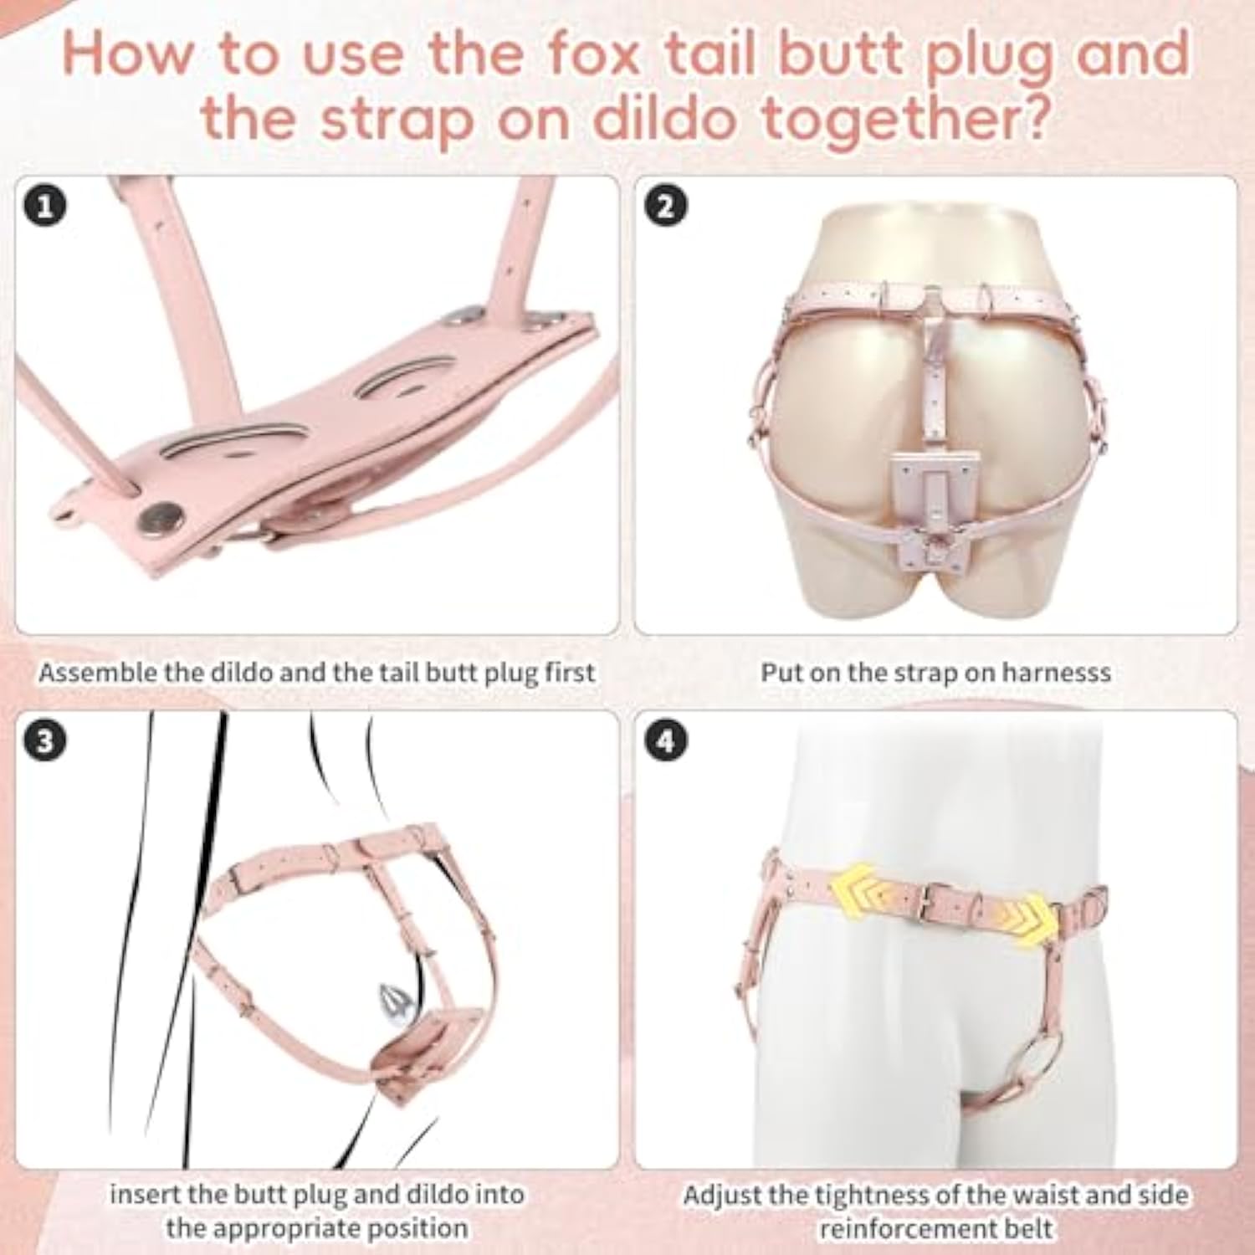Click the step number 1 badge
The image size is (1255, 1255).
(x=46, y=206)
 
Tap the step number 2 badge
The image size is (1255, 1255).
(x=666, y=206)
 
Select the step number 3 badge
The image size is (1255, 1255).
(x=46, y=741)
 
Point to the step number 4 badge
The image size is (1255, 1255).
(x=666, y=741)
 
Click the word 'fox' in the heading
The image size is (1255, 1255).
(x=590, y=53)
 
